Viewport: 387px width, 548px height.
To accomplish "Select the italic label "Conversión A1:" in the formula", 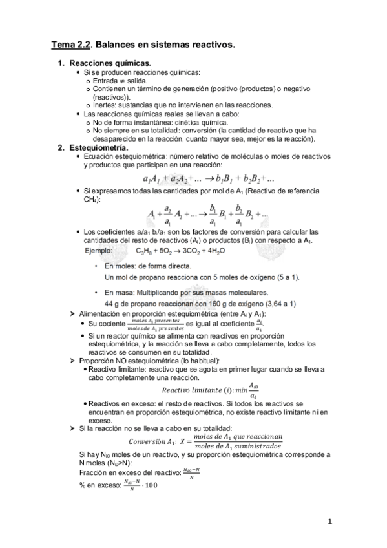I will click(x=152, y=441).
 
